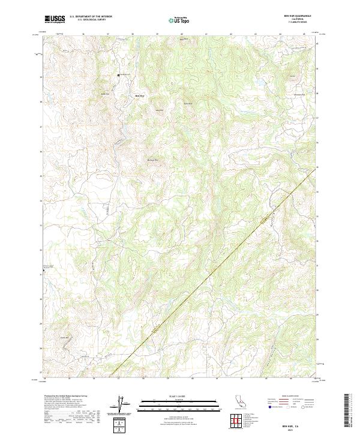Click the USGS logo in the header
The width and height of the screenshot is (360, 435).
(55, 19)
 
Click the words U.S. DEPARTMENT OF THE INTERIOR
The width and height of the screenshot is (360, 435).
(91, 17)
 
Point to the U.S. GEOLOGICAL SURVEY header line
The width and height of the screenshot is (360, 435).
(88, 20)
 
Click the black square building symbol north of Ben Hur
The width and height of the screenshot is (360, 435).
(118, 75)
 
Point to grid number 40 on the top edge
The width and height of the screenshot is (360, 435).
(181, 34)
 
